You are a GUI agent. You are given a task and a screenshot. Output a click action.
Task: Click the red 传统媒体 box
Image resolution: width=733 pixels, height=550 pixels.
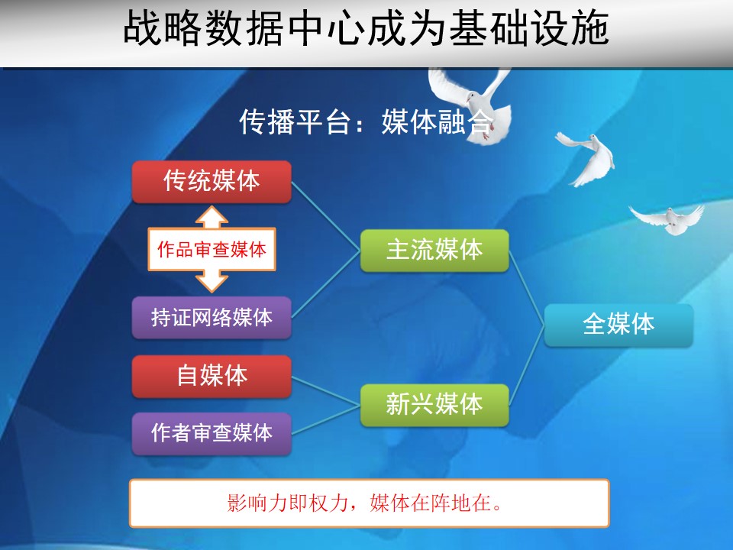pos(212,182)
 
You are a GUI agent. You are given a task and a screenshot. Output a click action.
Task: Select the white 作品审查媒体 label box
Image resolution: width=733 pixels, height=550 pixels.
pos(212,249)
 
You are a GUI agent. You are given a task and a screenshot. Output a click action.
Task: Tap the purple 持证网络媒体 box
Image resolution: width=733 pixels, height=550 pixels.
pos(212,318)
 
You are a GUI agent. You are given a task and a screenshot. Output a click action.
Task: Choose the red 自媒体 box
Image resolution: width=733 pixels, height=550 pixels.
pos(212,376)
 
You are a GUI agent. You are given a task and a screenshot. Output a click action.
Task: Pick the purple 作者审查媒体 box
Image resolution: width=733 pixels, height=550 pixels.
pos(212,433)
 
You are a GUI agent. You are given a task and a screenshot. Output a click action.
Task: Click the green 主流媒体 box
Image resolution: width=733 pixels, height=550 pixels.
pos(434,251)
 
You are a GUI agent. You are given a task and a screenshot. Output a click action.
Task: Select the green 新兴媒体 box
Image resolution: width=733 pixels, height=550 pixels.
pos(434,405)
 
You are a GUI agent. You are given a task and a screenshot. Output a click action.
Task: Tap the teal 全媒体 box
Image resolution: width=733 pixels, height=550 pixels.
pos(618,325)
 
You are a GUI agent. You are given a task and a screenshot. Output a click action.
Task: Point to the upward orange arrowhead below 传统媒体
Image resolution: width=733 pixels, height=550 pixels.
pos(212,217)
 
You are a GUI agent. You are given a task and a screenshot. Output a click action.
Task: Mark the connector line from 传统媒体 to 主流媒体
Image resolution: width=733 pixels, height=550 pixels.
pos(326,216)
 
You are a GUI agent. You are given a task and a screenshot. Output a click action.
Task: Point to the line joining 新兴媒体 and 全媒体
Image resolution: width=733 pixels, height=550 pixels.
pos(527,365)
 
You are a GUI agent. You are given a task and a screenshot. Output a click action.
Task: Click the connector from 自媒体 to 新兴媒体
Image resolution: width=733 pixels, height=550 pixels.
pos(326,390)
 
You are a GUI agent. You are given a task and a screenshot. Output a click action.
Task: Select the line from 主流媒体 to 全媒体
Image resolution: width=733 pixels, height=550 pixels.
pos(527,288)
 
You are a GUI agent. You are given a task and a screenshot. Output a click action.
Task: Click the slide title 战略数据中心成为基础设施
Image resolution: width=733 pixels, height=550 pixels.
pos(366,29)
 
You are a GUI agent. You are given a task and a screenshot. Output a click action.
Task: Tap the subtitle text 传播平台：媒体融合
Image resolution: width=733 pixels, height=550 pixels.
pos(366,121)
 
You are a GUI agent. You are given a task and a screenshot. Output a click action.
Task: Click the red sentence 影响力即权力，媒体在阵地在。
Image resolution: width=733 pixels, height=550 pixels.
pos(365,503)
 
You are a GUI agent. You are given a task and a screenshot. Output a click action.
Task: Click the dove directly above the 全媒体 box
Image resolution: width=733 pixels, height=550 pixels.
pos(667,219)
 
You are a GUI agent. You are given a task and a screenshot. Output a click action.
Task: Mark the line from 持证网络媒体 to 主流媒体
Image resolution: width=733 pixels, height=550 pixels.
pos(326,284)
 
